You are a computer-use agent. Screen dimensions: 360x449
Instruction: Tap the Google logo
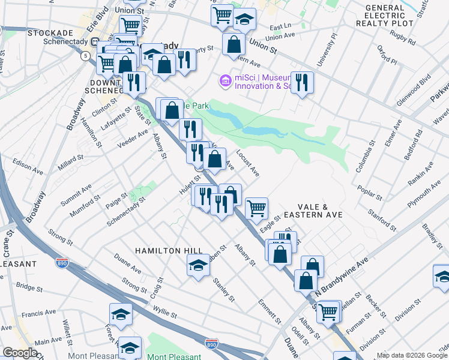coord(20,353)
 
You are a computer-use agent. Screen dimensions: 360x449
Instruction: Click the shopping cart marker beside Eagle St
coord(256,209)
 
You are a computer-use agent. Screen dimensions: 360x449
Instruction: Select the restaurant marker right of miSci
coord(302,83)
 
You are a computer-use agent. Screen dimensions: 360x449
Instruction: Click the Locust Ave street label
coord(248,163)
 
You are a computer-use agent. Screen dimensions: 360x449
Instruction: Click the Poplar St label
coord(369,190)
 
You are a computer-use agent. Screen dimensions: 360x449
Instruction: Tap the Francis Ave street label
coord(38,313)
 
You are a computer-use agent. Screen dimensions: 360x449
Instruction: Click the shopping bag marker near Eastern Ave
coord(234,44)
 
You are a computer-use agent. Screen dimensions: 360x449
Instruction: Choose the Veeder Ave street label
coord(133,140)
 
